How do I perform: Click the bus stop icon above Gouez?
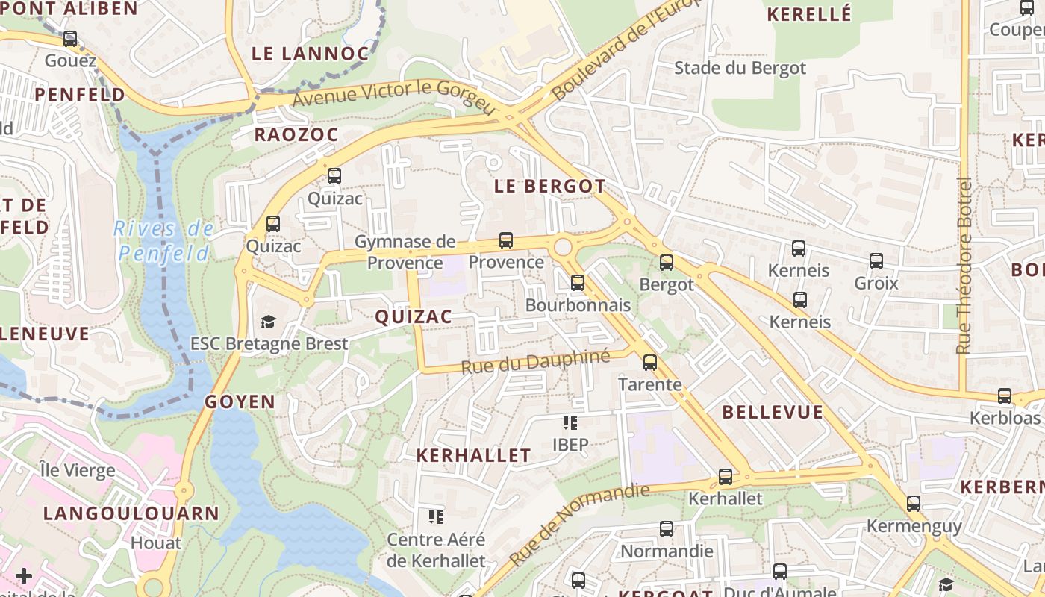tap(70, 38)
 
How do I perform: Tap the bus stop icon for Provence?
tap(506, 240)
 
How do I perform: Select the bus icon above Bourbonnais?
tap(577, 283)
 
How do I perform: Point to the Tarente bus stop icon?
tap(650, 363)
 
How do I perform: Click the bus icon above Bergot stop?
tap(667, 262)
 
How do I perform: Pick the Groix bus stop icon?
tap(876, 261)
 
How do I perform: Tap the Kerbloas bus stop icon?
tap(1005, 396)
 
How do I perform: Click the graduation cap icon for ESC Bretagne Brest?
tap(268, 322)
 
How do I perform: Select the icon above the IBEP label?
tap(570, 423)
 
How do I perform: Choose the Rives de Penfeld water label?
tap(164, 241)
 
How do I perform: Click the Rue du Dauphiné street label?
tap(535, 362)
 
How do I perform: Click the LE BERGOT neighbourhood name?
tap(549, 187)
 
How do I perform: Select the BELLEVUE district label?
tap(773, 412)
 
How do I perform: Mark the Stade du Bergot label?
tap(740, 69)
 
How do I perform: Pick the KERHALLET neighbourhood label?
tap(473, 455)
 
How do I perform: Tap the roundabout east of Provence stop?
tap(563, 246)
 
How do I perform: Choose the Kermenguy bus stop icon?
tap(914, 504)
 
